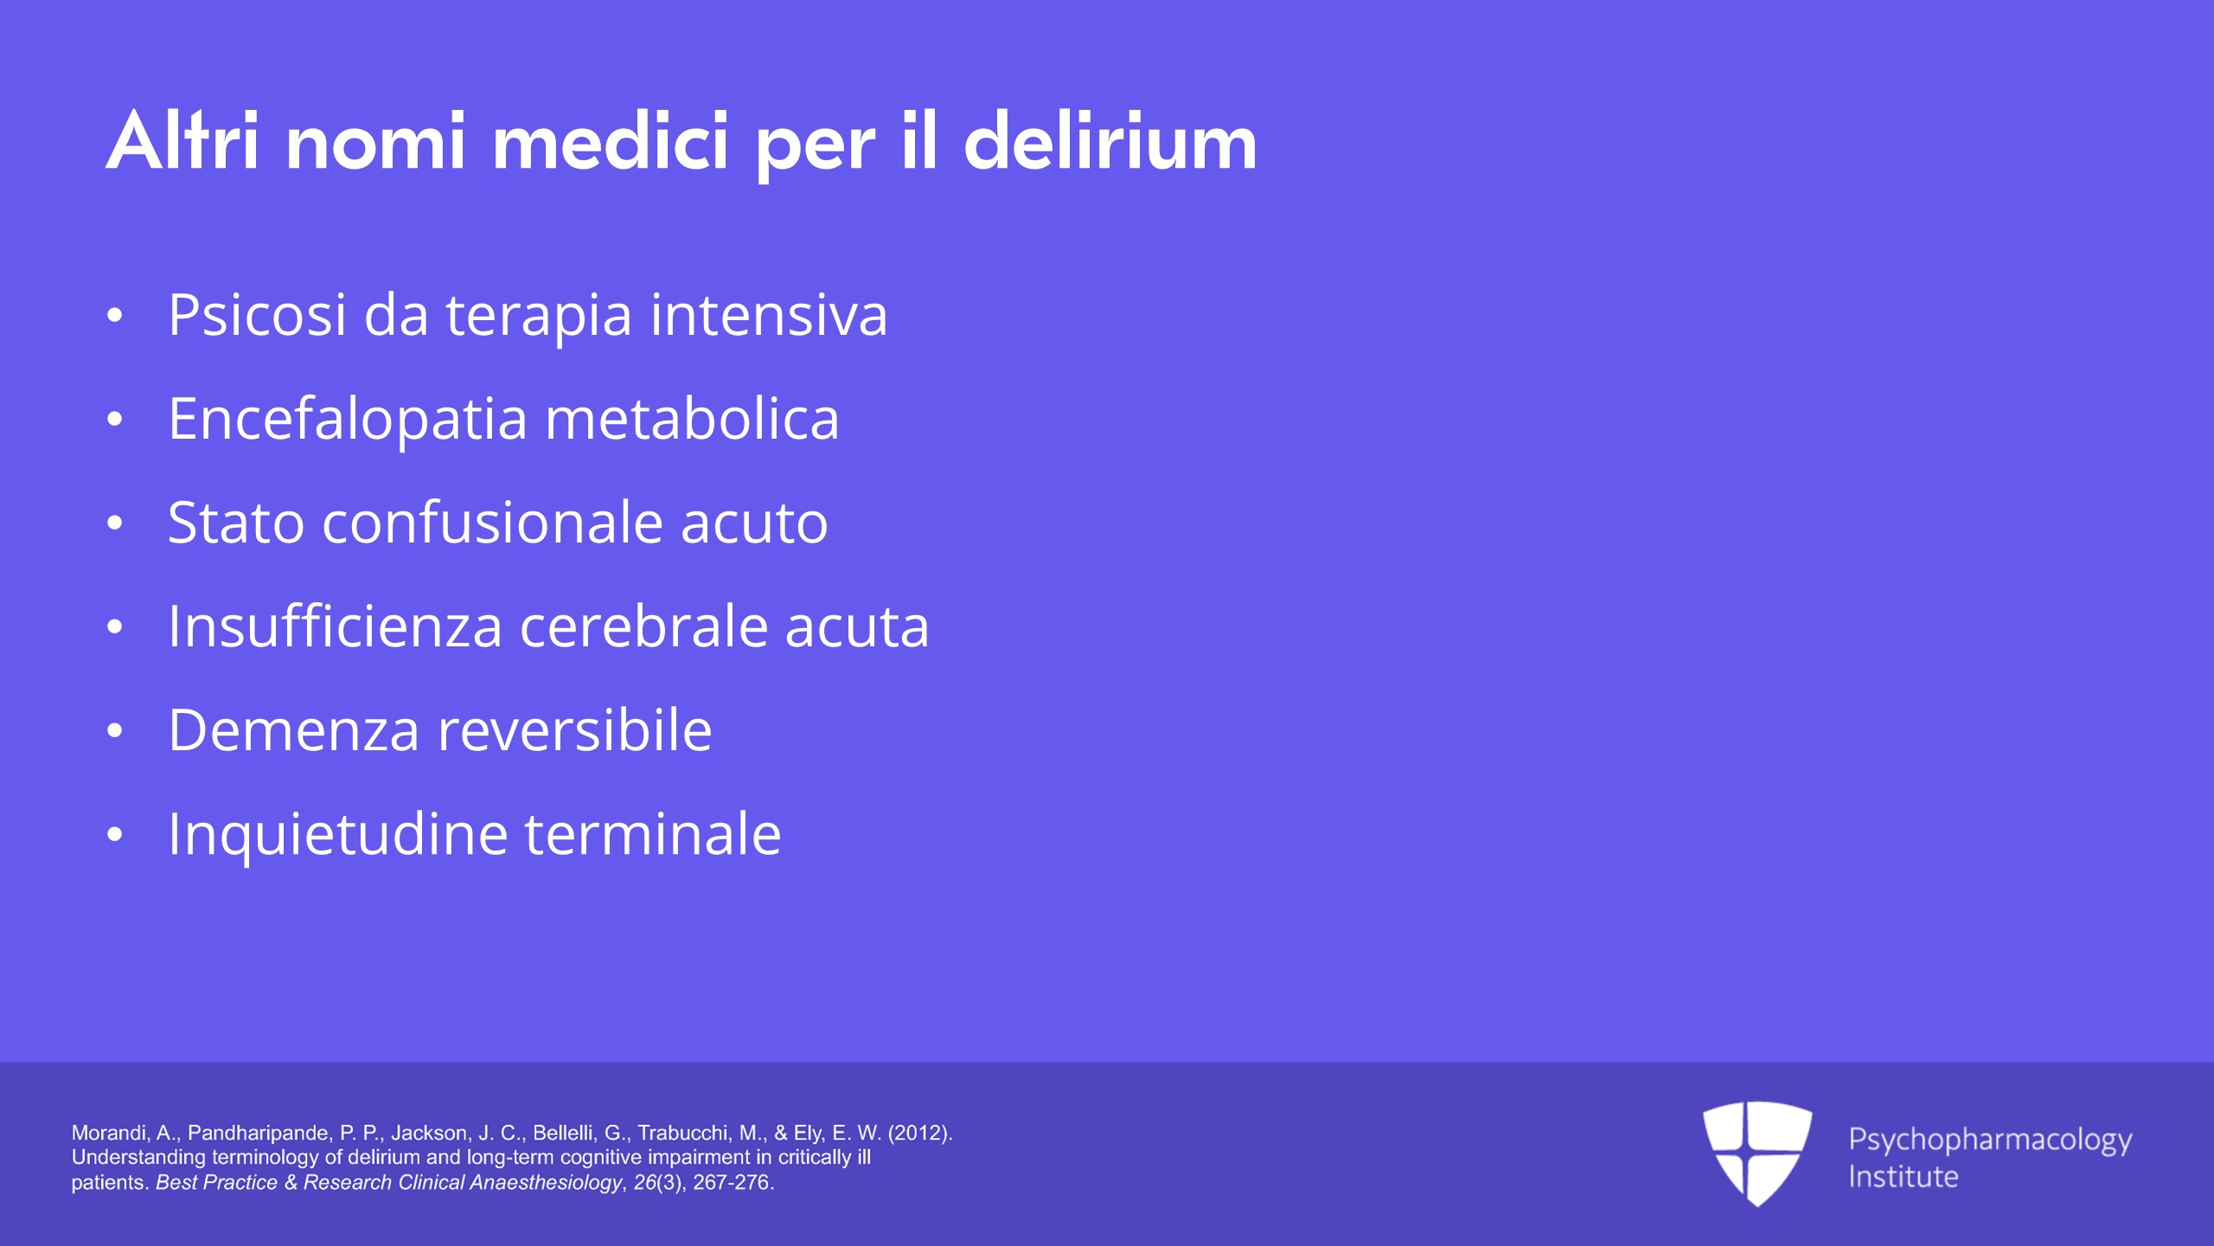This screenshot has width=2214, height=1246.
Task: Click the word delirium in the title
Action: (x=1110, y=140)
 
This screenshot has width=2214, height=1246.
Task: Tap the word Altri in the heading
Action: (x=182, y=140)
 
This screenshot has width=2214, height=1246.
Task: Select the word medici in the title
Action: (x=611, y=140)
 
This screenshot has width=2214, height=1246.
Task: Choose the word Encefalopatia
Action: (x=348, y=419)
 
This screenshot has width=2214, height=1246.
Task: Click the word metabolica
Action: (x=692, y=419)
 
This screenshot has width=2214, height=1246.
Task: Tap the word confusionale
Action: (x=493, y=523)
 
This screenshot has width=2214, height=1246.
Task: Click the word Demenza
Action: (x=294, y=730)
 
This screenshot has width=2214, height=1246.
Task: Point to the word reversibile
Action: (x=575, y=730)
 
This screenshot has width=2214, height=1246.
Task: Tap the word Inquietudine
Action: (x=338, y=834)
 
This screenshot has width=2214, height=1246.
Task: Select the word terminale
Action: (x=653, y=834)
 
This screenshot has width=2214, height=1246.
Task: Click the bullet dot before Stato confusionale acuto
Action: (x=115, y=523)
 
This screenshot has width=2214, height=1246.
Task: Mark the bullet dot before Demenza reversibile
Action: (x=115, y=731)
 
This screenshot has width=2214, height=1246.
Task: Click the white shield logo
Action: (x=1757, y=1153)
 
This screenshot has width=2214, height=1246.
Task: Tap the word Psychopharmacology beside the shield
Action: (x=1990, y=1140)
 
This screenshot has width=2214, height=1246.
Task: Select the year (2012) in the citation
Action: (x=920, y=1133)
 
